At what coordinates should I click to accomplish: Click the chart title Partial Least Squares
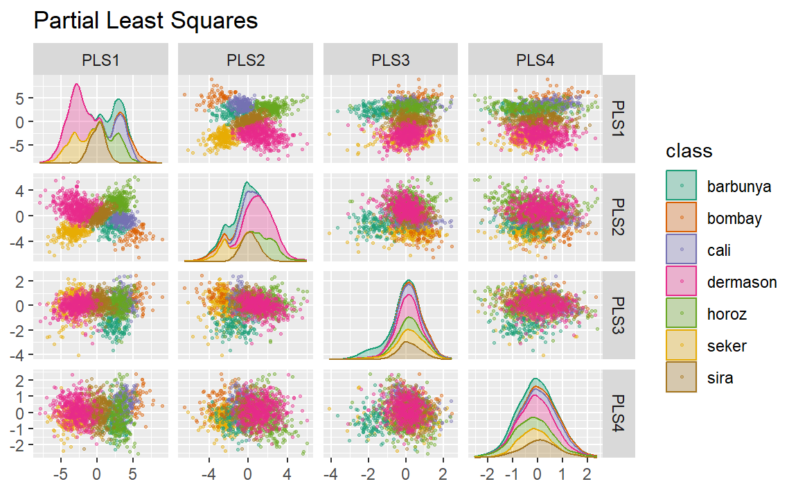(x=145, y=21)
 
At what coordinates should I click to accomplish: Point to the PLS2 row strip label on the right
(x=619, y=217)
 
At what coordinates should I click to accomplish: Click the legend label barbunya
(x=738, y=187)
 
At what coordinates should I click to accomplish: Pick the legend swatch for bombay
(x=682, y=218)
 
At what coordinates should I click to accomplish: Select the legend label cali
(x=719, y=250)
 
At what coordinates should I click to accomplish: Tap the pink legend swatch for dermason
(x=682, y=282)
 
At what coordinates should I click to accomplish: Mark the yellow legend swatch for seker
(x=682, y=346)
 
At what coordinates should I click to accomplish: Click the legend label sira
(x=720, y=378)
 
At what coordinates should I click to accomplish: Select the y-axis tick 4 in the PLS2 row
(x=22, y=190)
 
